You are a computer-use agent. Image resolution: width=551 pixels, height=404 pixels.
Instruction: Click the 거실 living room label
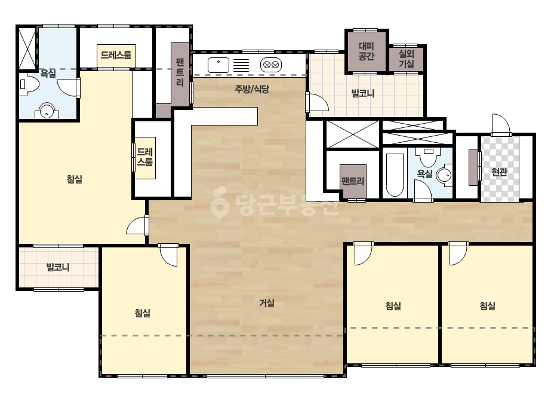point(267,303)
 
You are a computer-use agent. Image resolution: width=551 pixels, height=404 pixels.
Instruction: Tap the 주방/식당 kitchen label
point(252,89)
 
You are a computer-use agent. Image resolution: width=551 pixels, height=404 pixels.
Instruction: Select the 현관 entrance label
point(499,172)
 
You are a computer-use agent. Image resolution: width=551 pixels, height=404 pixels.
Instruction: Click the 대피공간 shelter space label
point(367,51)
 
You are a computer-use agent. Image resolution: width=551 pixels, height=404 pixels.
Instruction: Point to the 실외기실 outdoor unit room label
point(406,59)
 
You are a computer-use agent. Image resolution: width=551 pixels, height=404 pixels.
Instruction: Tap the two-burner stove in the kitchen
point(271,65)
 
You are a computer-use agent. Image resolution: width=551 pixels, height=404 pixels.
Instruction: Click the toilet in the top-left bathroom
point(29,84)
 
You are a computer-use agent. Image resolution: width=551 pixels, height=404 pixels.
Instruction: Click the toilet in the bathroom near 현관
point(428,157)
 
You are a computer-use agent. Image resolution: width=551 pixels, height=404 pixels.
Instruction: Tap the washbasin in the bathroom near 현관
point(444,175)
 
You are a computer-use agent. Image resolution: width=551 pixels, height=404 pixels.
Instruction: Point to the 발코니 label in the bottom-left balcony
point(58,268)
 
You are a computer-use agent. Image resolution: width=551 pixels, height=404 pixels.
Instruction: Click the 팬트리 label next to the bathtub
point(352,181)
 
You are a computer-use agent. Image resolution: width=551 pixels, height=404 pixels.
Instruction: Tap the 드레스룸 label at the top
point(116,55)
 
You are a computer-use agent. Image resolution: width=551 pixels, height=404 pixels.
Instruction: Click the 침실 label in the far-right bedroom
point(487,306)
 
